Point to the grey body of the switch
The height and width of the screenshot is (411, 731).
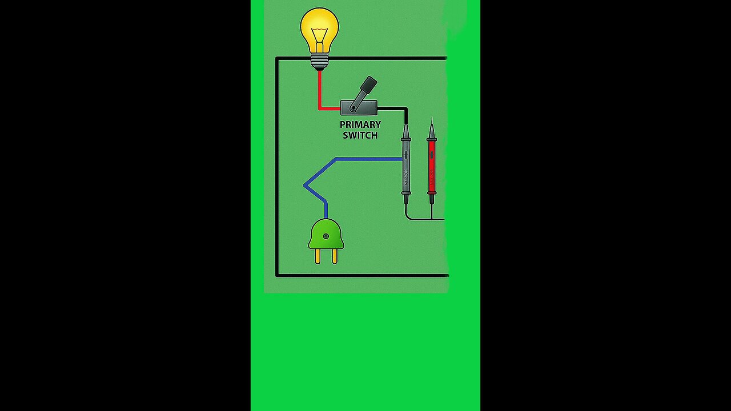[359, 107]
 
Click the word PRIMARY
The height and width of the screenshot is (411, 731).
[360, 124]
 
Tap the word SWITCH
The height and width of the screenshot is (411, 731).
[360, 135]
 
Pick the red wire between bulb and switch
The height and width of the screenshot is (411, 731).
[320, 91]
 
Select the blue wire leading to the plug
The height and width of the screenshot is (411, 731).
[365, 159]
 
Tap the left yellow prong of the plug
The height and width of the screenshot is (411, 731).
[318, 256]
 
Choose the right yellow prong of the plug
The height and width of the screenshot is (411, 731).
[335, 256]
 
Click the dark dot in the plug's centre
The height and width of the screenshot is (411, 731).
[326, 236]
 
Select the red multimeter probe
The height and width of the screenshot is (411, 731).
[432, 166]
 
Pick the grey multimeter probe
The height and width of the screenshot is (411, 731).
[406, 166]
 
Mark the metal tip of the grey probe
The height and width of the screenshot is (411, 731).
[406, 128]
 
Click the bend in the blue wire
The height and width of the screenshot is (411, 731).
[305, 185]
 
